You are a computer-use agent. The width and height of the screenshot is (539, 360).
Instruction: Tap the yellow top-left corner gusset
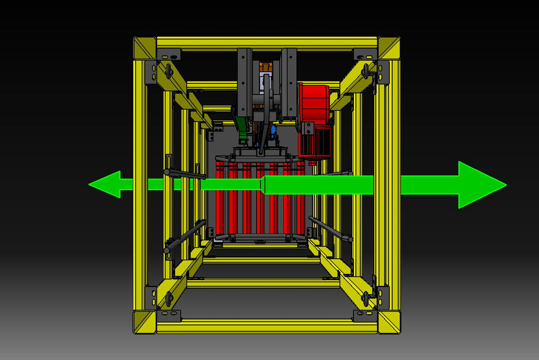pos(145,48)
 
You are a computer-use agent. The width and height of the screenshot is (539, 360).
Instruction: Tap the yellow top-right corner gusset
pos(389,48)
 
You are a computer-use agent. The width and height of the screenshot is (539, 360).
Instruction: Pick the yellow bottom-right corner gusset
pos(389,322)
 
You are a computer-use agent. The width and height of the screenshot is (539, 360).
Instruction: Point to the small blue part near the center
pos(273,130)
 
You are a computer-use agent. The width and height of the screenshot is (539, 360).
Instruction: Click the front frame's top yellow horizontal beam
pos(267,43)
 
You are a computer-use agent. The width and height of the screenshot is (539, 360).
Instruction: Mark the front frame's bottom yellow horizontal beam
pos(267,326)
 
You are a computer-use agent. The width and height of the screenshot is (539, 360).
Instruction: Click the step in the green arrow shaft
pos(263,184)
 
